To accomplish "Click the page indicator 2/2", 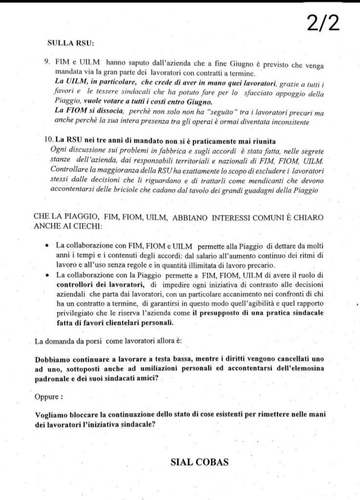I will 323,22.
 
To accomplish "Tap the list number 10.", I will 48,140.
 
